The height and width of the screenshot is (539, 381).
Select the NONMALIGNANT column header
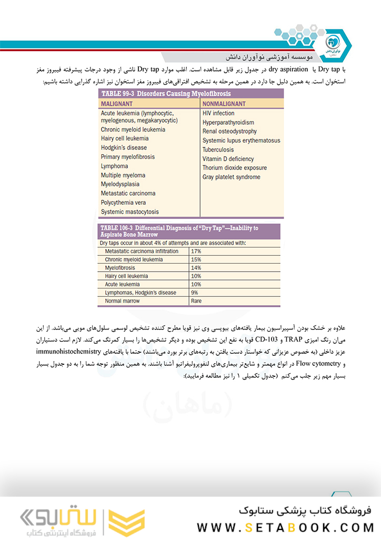coord(227,104)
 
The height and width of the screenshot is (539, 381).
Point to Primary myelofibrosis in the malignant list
coord(128,157)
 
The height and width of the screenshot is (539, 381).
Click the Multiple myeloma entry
coord(123,175)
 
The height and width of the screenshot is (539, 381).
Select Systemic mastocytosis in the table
coord(129,212)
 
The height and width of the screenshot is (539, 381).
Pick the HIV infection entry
coord(218,113)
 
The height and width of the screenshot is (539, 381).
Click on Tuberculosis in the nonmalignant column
coord(218,149)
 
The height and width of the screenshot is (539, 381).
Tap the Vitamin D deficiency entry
coord(228,158)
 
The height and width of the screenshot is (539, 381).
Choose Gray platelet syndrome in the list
coord(231,177)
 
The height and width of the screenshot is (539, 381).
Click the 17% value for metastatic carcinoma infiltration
coord(196,251)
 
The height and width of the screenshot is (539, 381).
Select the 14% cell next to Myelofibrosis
coord(196,268)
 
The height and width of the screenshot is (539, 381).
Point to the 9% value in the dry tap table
coord(195,293)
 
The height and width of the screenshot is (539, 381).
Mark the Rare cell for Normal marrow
coord(196,301)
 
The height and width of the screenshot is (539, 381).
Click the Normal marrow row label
coord(123,301)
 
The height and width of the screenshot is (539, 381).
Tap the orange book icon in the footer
coord(126,522)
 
